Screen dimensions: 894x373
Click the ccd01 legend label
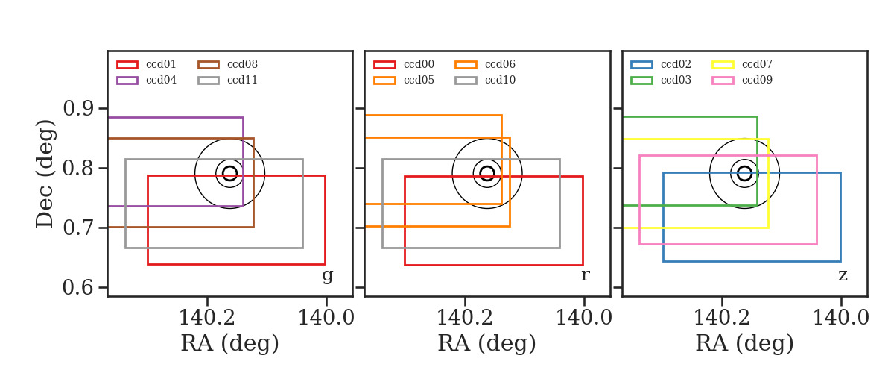161,64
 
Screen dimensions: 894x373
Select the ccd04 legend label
161,80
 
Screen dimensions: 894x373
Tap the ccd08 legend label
242,64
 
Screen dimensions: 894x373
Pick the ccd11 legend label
242,80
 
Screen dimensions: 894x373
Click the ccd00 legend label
419,64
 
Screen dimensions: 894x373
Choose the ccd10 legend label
500,80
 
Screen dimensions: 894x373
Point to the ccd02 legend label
676,64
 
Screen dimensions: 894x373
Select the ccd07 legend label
757,64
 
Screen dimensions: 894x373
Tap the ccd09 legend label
757,80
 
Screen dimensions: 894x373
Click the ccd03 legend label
676,80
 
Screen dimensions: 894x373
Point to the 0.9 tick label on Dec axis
78,108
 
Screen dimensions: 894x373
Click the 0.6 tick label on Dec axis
78,287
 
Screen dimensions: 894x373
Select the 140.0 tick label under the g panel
326,318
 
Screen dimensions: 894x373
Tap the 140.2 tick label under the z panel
722,318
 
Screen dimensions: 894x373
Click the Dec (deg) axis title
45,174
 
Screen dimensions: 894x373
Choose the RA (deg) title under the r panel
487,343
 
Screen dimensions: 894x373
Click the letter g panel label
327,275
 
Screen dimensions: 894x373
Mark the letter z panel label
843,275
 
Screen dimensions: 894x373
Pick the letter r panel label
585,275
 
